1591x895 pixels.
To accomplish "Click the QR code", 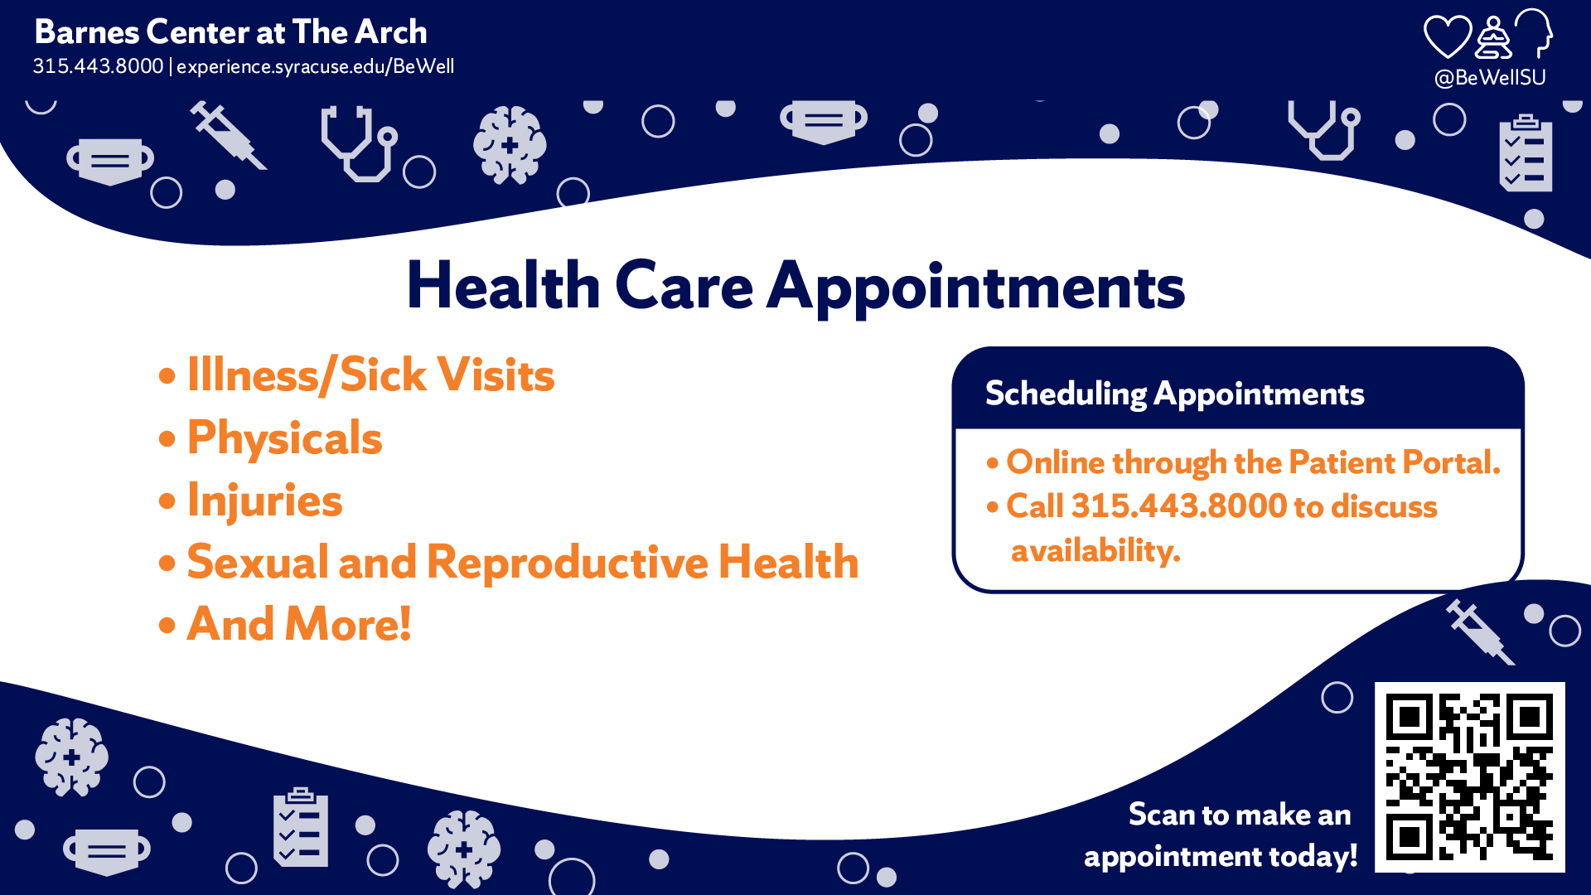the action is click(1469, 777).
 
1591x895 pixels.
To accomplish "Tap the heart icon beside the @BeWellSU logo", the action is click(1447, 37).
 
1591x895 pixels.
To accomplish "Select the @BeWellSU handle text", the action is click(1490, 78).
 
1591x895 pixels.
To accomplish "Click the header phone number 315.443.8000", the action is click(98, 66).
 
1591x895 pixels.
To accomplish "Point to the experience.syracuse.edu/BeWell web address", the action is click(315, 66).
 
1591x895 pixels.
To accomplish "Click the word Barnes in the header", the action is click(87, 32).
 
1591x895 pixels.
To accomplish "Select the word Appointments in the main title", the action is click(976, 288).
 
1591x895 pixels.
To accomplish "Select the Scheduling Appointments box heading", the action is click(1174, 394).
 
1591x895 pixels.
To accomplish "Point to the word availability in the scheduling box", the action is click(1095, 550).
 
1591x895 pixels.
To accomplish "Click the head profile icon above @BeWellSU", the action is click(1535, 33).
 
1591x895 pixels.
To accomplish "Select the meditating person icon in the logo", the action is click(1493, 38).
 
